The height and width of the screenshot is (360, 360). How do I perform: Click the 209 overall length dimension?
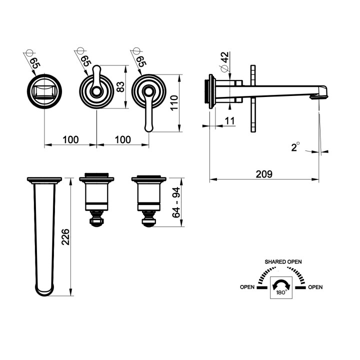(x=263, y=174)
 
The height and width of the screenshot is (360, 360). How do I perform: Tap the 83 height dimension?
(x=119, y=86)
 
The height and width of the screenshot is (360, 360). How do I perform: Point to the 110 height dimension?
(x=174, y=103)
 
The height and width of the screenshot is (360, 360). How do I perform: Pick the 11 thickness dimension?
(x=229, y=120)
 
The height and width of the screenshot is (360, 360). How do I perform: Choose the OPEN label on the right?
(x=315, y=287)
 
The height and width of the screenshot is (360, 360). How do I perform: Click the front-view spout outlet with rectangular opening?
(x=45, y=92)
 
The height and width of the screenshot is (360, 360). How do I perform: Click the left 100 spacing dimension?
(x=70, y=139)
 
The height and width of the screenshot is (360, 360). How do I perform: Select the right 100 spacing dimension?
(x=122, y=139)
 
